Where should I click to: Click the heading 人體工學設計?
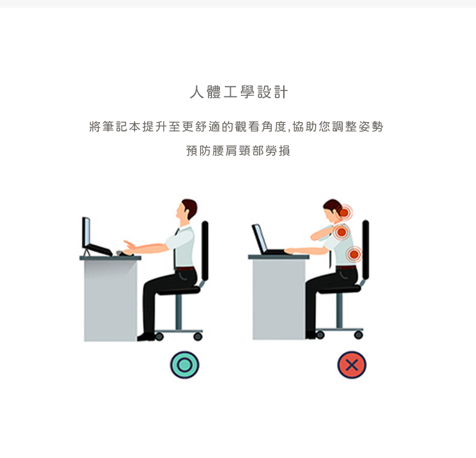[x=239, y=92]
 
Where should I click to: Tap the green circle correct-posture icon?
[x=184, y=365]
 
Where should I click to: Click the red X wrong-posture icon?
[x=352, y=365]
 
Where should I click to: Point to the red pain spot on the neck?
[x=344, y=212]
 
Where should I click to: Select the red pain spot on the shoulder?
[x=342, y=232]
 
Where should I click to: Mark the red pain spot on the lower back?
[x=354, y=254]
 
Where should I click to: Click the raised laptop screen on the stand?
[x=86, y=233]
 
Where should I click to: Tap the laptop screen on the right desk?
[x=259, y=239]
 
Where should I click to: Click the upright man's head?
[x=186, y=210]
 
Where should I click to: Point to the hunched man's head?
[x=333, y=210]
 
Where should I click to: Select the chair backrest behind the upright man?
[x=205, y=251]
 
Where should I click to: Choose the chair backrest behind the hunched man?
[x=366, y=249]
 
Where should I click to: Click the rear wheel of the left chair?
[x=198, y=336]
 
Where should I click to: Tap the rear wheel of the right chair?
[x=359, y=334]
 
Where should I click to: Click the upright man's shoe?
[x=146, y=336]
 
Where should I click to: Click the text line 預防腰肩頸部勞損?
[x=239, y=151]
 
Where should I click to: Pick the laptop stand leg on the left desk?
[x=87, y=253]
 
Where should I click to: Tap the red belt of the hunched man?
[x=346, y=268]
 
